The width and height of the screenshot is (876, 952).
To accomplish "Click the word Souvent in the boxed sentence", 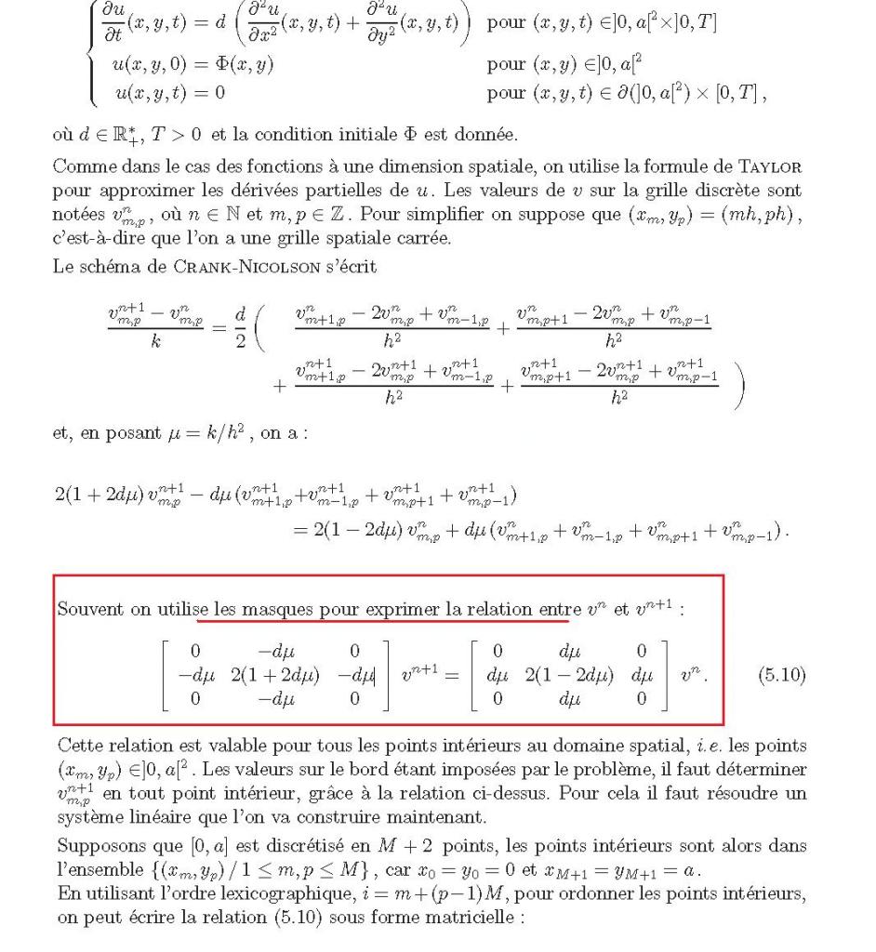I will pyautogui.click(x=87, y=612).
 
